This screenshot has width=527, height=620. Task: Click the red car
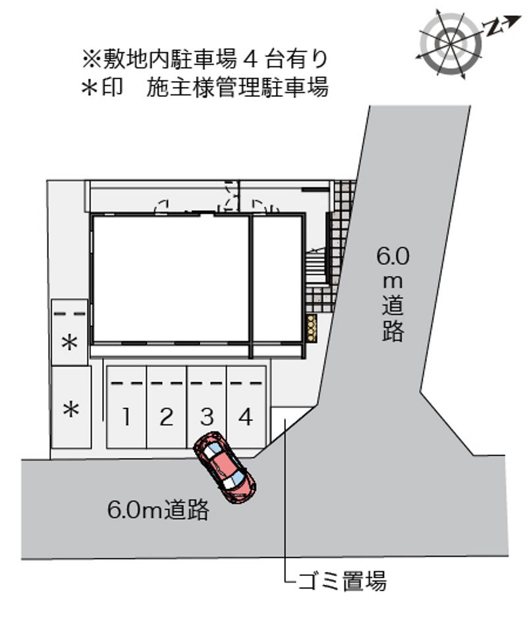pos(225,468)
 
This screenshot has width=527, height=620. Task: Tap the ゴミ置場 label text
pos(342,581)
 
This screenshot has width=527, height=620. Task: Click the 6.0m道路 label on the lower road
pos(158,509)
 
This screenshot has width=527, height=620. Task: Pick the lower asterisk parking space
pos(71,409)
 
